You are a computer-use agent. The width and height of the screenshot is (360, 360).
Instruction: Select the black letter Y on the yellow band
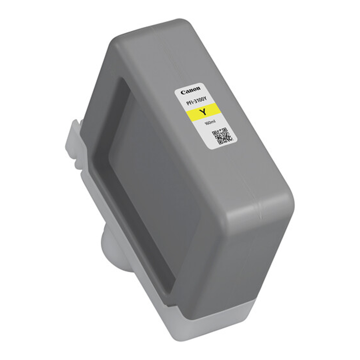click(202, 112)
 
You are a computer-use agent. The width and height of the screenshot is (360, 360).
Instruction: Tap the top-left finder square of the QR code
click(215, 133)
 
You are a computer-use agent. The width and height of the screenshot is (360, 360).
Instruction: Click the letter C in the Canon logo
click(183, 92)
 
